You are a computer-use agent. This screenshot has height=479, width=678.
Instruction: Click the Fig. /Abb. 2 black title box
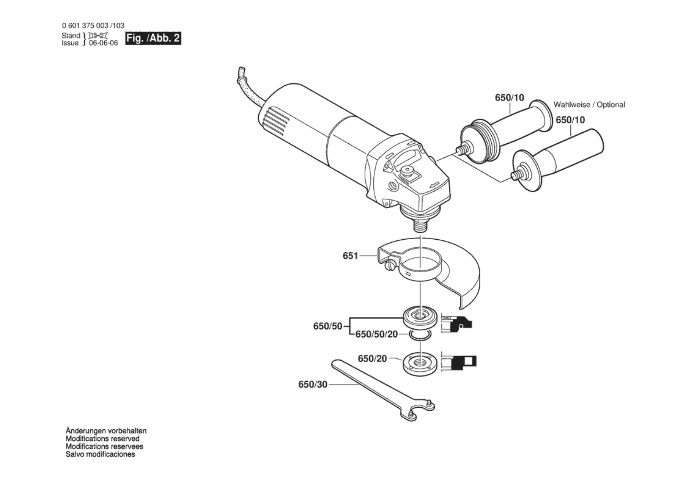[x=153, y=38]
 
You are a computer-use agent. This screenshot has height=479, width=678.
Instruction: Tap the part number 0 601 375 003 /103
[x=93, y=25]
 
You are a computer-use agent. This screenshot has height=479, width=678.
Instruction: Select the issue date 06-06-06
[x=103, y=43]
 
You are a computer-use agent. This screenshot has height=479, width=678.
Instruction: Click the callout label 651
[x=350, y=256]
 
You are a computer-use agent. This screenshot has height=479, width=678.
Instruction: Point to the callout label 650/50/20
[x=376, y=334]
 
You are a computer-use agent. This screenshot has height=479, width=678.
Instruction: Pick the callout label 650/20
[x=372, y=359]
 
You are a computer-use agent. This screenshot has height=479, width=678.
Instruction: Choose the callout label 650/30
[x=313, y=385]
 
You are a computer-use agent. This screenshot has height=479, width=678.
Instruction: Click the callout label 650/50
[x=328, y=326]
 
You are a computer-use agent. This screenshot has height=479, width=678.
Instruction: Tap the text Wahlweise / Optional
[x=589, y=105]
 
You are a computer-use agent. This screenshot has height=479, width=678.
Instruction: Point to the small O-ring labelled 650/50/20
[x=420, y=335]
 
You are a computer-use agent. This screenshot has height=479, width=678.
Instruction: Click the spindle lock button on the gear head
[x=407, y=170]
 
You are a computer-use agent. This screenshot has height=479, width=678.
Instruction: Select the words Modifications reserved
[x=103, y=439]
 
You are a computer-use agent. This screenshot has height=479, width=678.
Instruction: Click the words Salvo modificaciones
[x=100, y=454]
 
